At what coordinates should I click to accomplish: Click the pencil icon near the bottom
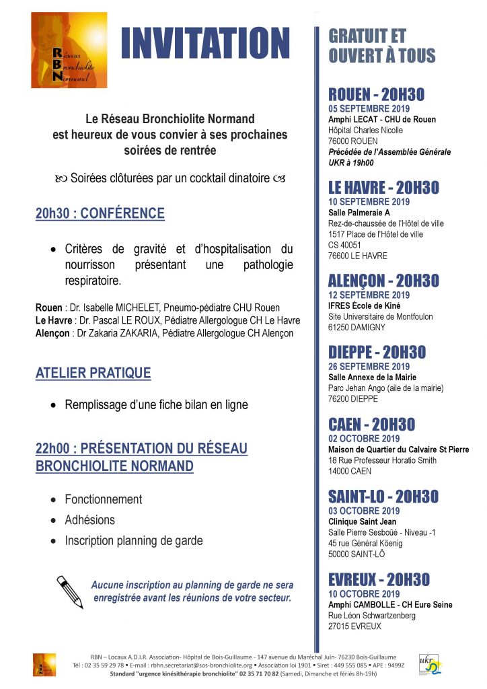(70, 591)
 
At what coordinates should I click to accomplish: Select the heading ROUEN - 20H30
(376, 94)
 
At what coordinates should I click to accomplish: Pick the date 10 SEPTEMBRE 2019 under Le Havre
(369, 201)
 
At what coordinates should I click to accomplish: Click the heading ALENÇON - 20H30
(383, 281)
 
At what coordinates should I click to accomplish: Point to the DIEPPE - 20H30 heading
(377, 352)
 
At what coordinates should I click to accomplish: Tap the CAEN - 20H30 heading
(371, 425)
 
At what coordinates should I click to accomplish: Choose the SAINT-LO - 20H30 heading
(383, 497)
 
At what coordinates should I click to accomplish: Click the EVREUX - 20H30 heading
(379, 579)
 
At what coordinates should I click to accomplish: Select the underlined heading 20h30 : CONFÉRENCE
(100, 213)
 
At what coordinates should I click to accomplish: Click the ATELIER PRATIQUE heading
(93, 373)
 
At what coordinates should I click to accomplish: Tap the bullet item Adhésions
(89, 519)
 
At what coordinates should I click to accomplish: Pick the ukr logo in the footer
(430, 664)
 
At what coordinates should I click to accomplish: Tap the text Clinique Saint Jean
(362, 521)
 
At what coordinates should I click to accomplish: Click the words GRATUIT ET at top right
(367, 36)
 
